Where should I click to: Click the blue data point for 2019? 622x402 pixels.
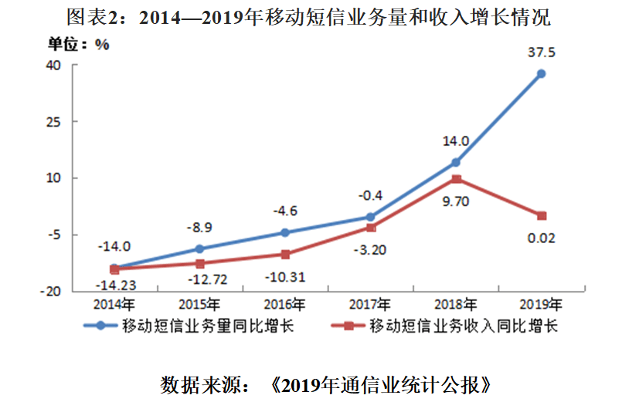pos(542,74)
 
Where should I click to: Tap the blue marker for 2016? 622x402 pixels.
pos(285,232)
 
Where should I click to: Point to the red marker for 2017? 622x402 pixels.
pos(371,228)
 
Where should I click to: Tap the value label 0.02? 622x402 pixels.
pos(541,238)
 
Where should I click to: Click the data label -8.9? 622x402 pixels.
pos(200,228)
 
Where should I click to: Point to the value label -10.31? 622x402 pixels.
pos(285,275)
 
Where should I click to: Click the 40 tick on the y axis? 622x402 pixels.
pos(53,65)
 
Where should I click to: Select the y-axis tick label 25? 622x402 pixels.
pos(53,122)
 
